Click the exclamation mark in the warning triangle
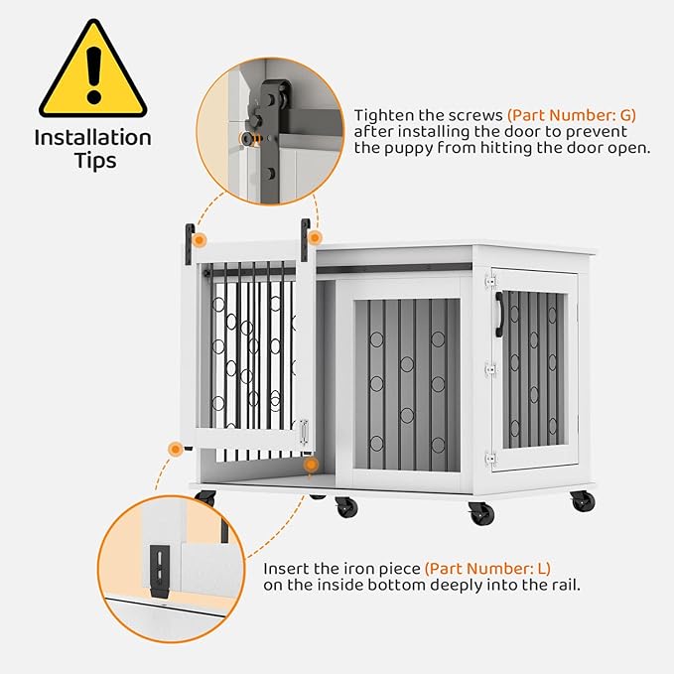pyautogui.click(x=93, y=68)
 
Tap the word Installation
pyautogui.click(x=93, y=138)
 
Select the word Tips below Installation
pyautogui.click(x=93, y=161)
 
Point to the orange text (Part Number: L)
pyautogui.click(x=487, y=569)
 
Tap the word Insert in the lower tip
pyautogui.click(x=285, y=569)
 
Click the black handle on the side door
pyautogui.click(x=499, y=314)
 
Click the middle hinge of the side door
pyautogui.click(x=488, y=369)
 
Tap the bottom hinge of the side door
pyautogui.click(x=488, y=457)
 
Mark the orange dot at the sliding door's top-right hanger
pyautogui.click(x=315, y=238)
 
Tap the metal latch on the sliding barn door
pyautogui.click(x=304, y=430)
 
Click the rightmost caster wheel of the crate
pyautogui.click(x=584, y=501)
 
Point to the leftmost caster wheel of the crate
pyautogui.click(x=205, y=497)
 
